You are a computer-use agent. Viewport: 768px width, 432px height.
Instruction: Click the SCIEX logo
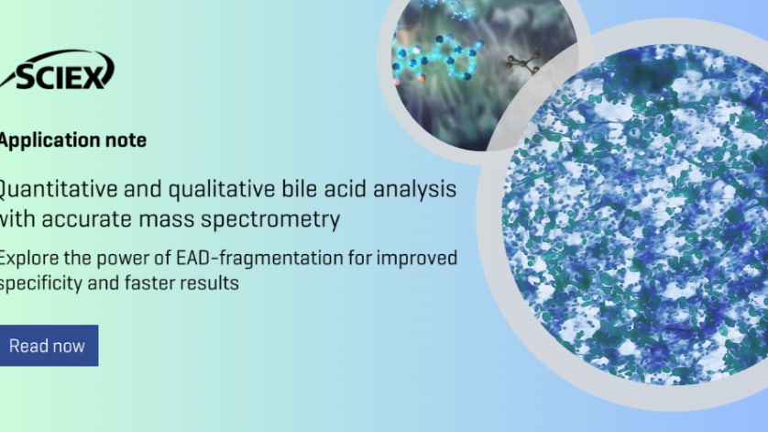(x=58, y=70)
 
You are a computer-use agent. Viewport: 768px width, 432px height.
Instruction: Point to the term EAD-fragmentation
(x=259, y=259)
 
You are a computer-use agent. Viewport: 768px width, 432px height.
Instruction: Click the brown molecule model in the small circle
(x=523, y=62)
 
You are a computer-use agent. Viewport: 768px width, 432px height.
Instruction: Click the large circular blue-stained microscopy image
(x=635, y=215)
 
